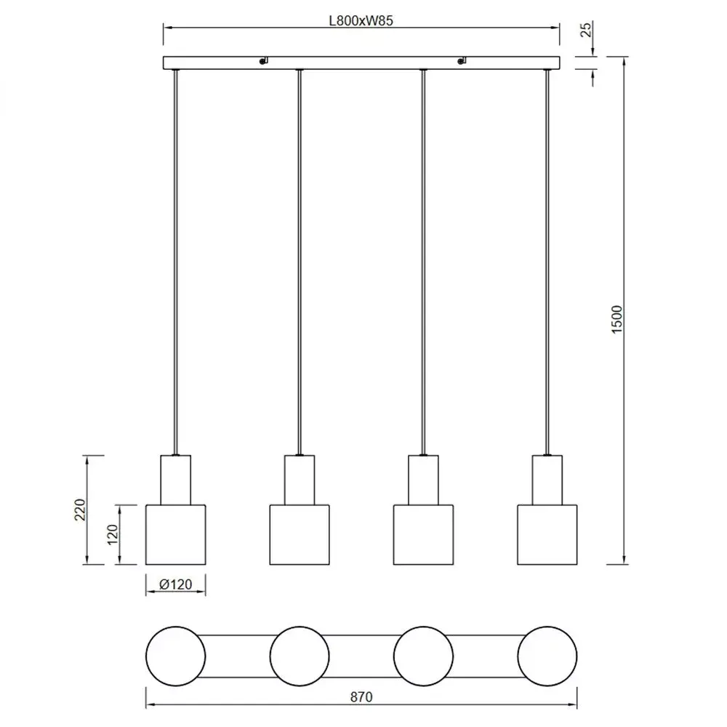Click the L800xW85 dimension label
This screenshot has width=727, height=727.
click(361, 21)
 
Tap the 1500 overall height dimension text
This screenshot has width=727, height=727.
click(617, 320)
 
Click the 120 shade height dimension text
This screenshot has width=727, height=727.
click(112, 534)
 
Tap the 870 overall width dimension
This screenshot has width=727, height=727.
click(361, 696)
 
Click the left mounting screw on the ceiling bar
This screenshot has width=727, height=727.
click(263, 62)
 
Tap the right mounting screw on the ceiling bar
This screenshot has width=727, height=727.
click(461, 62)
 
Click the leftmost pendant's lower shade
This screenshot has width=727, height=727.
click(175, 534)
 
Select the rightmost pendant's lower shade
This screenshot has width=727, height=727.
click(547, 534)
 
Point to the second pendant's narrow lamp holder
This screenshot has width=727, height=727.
click(300, 479)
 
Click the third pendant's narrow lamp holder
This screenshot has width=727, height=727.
click(423, 479)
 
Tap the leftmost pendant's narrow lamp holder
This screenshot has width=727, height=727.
click(175, 479)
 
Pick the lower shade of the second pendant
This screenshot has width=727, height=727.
click(300, 534)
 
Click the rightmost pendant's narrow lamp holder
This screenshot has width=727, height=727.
click(547, 479)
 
